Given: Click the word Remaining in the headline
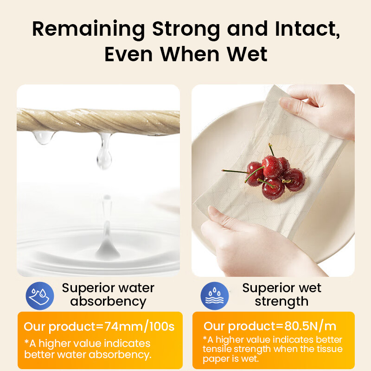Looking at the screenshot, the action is coord(88,29).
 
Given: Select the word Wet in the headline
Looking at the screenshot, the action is coord(247,54).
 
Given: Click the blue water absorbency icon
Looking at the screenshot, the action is coord(40,296).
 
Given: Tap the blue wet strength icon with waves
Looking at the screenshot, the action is coord(215,296).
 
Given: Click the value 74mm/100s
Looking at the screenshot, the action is coord(139,326).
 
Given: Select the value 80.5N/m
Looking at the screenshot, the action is coord(310,326).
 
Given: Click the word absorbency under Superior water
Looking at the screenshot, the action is coord(108,302).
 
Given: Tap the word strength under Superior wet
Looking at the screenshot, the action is coord(281,302).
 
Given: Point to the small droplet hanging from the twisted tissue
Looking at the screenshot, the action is coord(44,137).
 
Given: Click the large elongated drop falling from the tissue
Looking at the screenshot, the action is coord(104,152).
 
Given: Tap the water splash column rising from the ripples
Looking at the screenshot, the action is coord(108,241).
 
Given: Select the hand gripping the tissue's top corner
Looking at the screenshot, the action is coord(318,109).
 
